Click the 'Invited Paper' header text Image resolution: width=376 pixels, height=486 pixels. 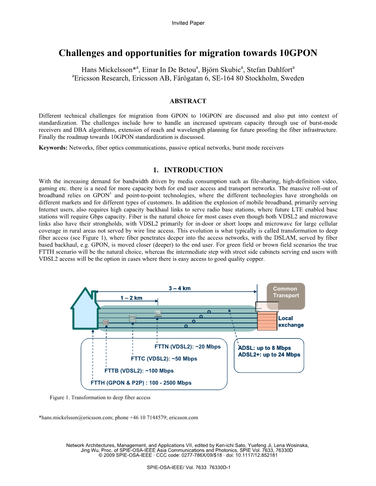click(x=188, y=23)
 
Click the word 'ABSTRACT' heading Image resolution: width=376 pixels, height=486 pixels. click(x=188, y=101)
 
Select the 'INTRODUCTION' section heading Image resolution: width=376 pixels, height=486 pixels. click(x=193, y=170)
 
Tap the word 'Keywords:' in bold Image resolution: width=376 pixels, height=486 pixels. click(x=53, y=148)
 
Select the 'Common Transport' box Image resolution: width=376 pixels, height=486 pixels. click(x=286, y=292)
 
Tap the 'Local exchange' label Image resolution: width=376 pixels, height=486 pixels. click(x=291, y=322)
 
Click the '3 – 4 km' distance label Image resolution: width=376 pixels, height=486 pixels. click(x=180, y=288)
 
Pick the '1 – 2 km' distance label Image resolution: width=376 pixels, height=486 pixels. click(x=132, y=298)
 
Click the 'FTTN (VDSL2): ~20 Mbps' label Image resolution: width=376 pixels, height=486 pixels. click(x=188, y=347)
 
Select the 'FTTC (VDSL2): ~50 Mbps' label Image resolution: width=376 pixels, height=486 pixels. click(x=164, y=359)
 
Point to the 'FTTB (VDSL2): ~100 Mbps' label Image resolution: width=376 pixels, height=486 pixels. click(x=139, y=371)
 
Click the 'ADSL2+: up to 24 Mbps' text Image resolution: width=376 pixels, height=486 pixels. click(x=269, y=355)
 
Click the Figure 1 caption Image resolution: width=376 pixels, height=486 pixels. click(x=100, y=398)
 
